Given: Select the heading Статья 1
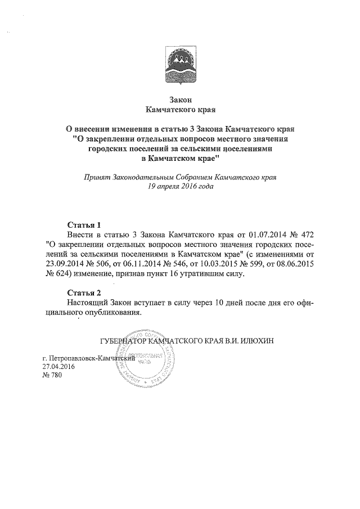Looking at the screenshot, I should [83, 224].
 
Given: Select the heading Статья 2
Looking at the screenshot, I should [83, 292].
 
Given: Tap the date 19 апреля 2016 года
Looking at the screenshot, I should [180, 186].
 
